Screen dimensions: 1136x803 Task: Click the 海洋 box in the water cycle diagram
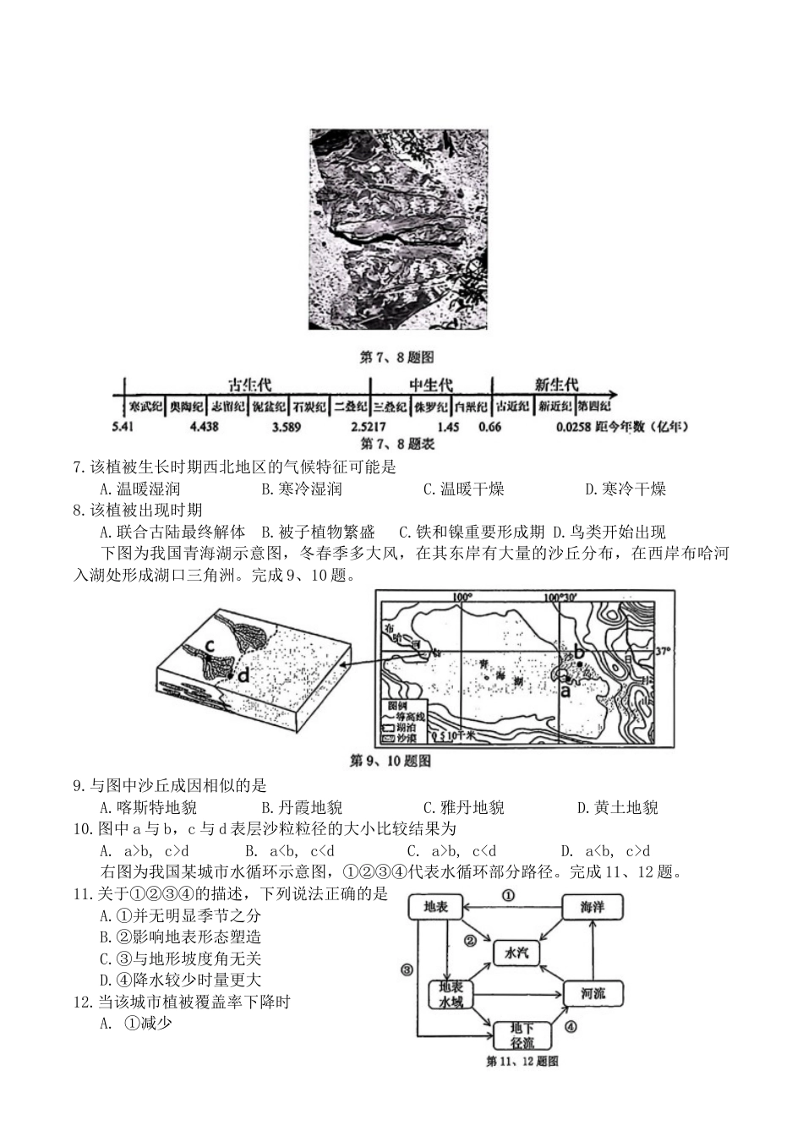(x=592, y=908)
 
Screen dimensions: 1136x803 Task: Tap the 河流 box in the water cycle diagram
(x=593, y=993)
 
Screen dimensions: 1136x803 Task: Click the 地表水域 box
(x=451, y=994)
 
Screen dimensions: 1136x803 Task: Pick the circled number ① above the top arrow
(x=508, y=894)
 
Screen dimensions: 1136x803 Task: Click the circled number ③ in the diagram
(x=407, y=970)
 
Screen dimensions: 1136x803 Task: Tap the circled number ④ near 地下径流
(x=571, y=1027)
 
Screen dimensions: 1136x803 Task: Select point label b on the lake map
(x=580, y=652)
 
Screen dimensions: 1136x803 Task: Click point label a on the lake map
(x=565, y=689)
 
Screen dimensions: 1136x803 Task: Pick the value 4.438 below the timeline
(x=204, y=427)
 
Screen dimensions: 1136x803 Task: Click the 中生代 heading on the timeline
(x=431, y=385)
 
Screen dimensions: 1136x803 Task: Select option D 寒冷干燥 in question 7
(x=625, y=489)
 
